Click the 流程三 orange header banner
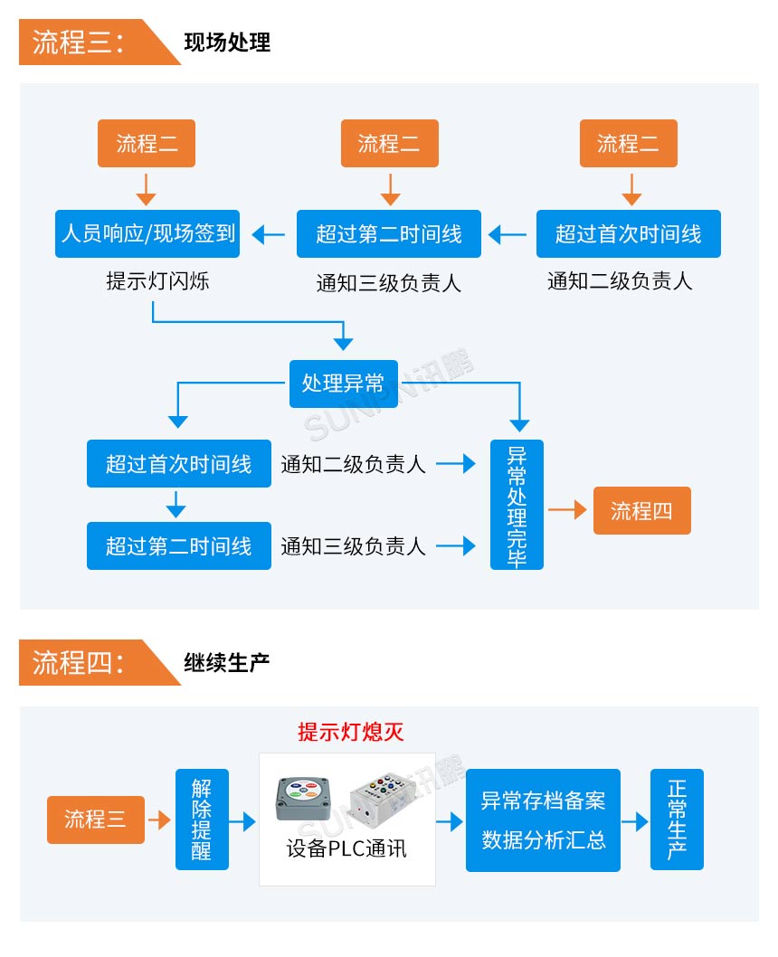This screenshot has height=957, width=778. pyautogui.click(x=86, y=43)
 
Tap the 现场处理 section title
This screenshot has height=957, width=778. pyautogui.click(x=227, y=43)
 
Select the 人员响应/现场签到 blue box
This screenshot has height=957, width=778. pyautogui.click(x=147, y=234)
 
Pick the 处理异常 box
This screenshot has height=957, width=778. pyautogui.click(x=343, y=384)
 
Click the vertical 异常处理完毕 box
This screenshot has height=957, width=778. pyautogui.click(x=517, y=505)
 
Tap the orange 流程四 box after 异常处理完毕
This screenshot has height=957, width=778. pyautogui.click(x=641, y=510)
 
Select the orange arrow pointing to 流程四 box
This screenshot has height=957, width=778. pyautogui.click(x=567, y=510)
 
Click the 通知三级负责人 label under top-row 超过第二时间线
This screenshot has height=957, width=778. pyautogui.click(x=389, y=283)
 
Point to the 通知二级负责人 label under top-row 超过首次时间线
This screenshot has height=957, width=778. pyautogui.click(x=620, y=280)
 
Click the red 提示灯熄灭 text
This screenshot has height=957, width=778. pyautogui.click(x=351, y=732)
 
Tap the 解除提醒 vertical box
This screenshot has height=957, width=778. pyautogui.click(x=202, y=820)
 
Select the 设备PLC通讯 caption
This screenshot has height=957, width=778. pyautogui.click(x=346, y=848)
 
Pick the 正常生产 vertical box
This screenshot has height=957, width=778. pyautogui.click(x=677, y=820)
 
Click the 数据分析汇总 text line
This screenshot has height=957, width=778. pyautogui.click(x=543, y=840)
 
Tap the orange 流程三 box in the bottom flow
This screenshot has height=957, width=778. pyautogui.click(x=95, y=820)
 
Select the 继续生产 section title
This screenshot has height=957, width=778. pyautogui.click(x=227, y=662)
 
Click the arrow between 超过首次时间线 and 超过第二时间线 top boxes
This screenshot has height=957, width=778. pyautogui.click(x=508, y=235)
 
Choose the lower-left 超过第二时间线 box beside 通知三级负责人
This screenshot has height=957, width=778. pyautogui.click(x=178, y=545)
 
